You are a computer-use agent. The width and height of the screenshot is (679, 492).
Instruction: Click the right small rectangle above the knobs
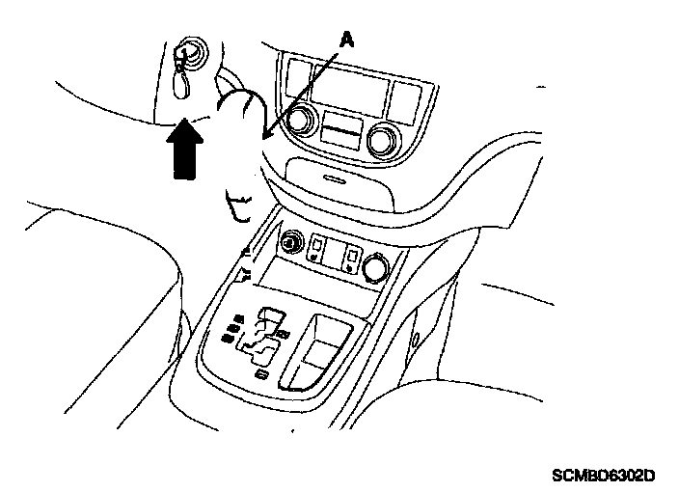402,94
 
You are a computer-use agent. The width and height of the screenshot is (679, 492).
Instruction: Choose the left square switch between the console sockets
317,252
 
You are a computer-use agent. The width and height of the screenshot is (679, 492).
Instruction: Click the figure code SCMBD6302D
604,475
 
